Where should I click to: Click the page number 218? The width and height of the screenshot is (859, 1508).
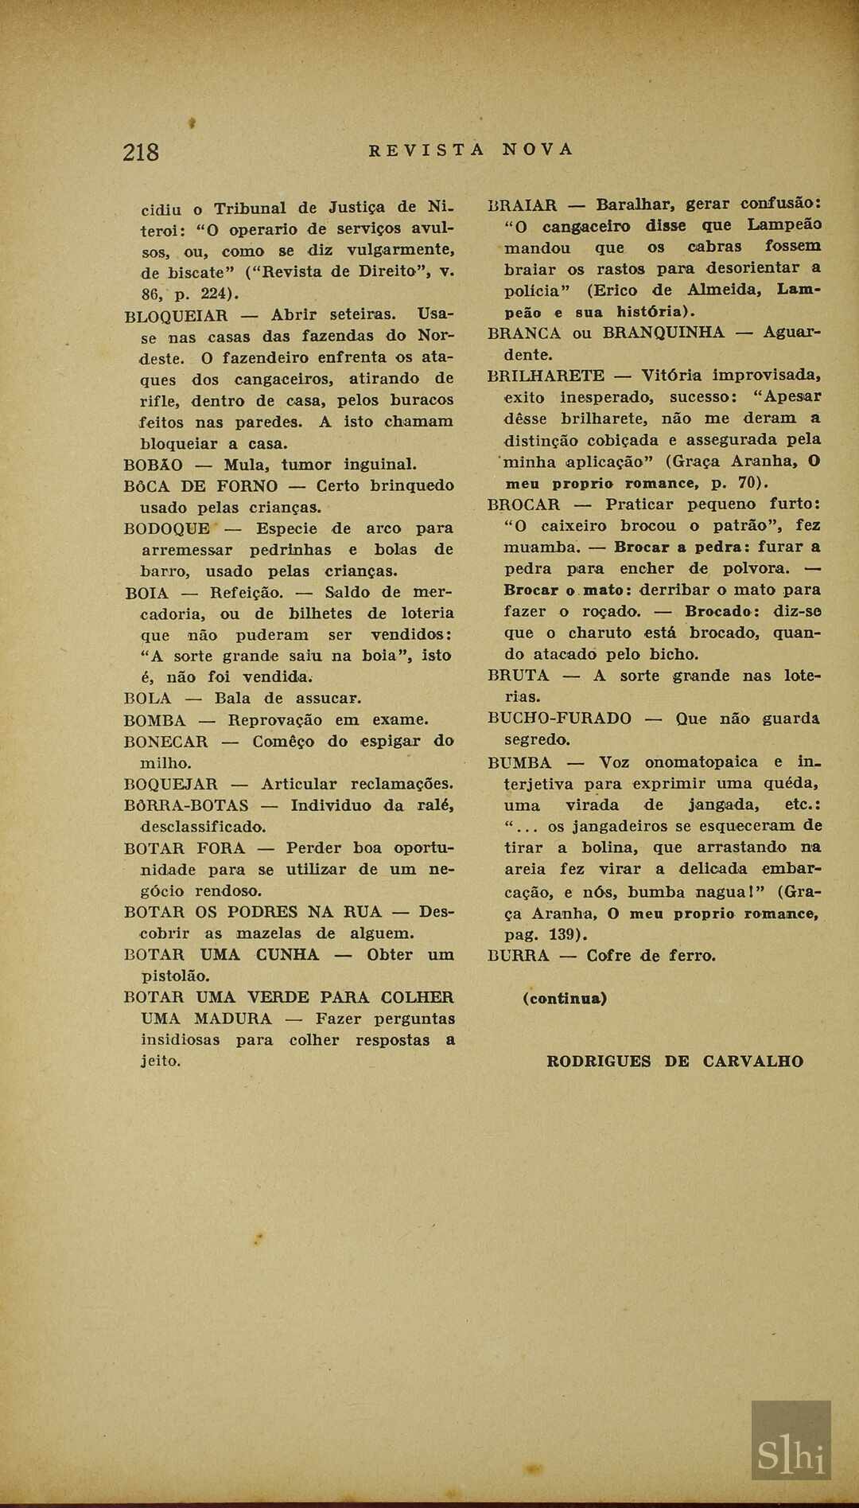141,151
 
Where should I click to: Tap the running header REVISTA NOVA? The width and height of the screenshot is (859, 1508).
471,150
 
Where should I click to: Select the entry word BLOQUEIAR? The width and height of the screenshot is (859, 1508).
176,315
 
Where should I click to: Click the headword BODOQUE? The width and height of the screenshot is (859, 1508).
167,528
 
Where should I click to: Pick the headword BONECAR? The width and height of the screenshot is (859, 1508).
165,742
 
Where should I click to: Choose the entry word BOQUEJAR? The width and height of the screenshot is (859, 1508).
170,785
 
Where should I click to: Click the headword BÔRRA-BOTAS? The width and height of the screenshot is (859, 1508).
186,806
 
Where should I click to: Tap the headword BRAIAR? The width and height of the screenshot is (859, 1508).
522,205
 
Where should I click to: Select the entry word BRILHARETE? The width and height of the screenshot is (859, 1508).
546,376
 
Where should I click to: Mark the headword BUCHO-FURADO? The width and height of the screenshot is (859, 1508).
559,719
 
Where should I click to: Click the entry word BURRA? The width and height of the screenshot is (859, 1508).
518,956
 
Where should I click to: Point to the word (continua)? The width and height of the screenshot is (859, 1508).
565,999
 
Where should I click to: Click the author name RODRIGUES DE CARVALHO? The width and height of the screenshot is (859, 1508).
675,1062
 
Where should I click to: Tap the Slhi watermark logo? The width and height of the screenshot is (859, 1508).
791,1449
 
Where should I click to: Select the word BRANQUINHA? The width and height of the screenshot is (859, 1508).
663,333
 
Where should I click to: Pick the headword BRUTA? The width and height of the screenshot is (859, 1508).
518,676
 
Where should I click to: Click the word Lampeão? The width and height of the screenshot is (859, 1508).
784,225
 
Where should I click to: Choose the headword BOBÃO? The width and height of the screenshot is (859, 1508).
154,465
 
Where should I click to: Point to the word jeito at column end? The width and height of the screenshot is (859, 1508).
160,1061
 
